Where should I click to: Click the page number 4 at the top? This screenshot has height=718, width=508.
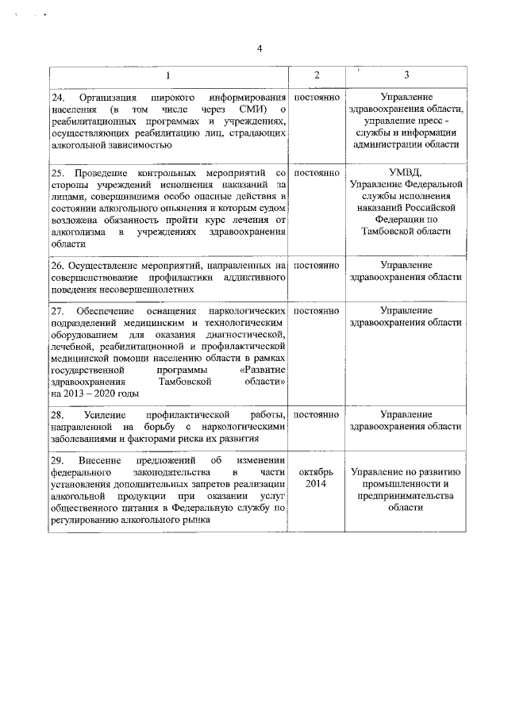point(259,49)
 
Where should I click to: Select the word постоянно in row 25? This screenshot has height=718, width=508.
point(317,172)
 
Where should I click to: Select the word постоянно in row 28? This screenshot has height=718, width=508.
point(317,415)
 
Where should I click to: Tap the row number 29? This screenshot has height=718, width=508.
point(56,462)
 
